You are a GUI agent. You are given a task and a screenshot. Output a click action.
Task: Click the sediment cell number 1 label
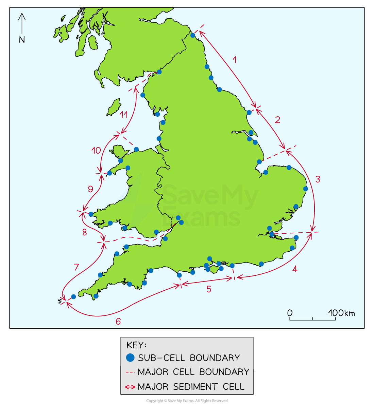pyautogui.click(x=234, y=60)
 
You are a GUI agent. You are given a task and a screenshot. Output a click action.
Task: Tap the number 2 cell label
pyautogui.click(x=277, y=120)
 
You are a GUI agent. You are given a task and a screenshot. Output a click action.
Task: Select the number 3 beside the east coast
pyautogui.click(x=318, y=179)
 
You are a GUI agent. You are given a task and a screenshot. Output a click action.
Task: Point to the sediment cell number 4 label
pyautogui.click(x=295, y=269)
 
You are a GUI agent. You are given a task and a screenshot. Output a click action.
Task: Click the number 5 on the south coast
pyautogui.click(x=209, y=289)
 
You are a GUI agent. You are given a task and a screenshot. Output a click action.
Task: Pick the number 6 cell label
pyautogui.click(x=118, y=321)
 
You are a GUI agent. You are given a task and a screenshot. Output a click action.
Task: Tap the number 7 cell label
pyautogui.click(x=76, y=267)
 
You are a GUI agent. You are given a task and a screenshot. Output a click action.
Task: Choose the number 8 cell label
pyautogui.click(x=85, y=232)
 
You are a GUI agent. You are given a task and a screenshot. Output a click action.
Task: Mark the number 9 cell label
pyautogui.click(x=90, y=189)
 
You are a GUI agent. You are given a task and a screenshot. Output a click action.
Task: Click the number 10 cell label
pyautogui.click(x=96, y=150)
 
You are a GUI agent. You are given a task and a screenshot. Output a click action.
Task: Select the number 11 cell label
pyautogui.click(x=123, y=115)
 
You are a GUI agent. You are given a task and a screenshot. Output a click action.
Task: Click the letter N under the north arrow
pyautogui.click(x=22, y=40)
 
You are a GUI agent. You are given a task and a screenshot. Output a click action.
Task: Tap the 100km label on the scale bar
pyautogui.click(x=341, y=313)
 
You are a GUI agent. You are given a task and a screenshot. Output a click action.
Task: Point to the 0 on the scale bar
pyautogui.click(x=290, y=313)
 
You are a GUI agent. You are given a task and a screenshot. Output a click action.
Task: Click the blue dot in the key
pyautogui.click(x=130, y=357)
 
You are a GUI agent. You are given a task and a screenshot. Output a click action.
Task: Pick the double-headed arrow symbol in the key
pyautogui.click(x=130, y=387)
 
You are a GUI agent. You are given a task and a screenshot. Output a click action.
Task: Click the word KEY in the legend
pyautogui.click(x=136, y=345)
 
